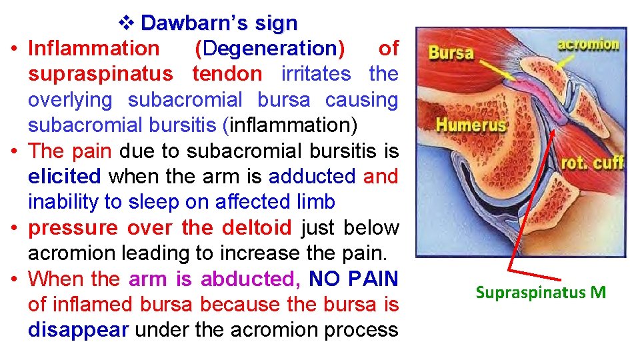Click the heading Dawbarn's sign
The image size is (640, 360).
219,23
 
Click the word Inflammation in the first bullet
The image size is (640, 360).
94,49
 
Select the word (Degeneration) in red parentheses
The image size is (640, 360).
270,49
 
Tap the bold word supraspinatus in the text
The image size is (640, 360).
100,74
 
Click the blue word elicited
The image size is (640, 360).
65,177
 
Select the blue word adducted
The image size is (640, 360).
312,177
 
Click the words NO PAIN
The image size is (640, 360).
354,279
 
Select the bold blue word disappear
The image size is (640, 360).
78,330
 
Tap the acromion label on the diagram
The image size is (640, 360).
588,45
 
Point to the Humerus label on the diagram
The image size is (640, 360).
471,124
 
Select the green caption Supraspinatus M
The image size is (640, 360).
541,292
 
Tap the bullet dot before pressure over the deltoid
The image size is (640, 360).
13,228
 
